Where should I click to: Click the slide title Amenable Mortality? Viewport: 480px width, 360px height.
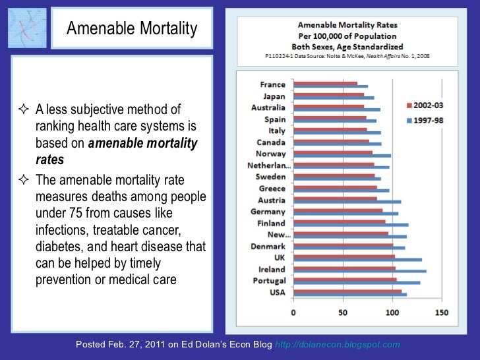pyautogui.click(x=132, y=28)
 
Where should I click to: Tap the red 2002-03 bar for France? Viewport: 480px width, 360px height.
pyautogui.click(x=325, y=83)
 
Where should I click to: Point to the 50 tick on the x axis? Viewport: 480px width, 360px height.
pyautogui.click(x=343, y=313)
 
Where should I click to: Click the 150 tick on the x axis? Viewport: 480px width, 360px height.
pyautogui.click(x=442, y=313)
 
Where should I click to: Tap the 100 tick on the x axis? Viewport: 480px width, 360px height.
pyautogui.click(x=392, y=313)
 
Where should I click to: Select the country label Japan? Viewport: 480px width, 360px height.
pyautogui.click(x=274, y=96)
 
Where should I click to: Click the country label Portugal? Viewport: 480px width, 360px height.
pyautogui.click(x=270, y=282)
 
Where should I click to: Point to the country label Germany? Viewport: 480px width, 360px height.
pyautogui.click(x=268, y=212)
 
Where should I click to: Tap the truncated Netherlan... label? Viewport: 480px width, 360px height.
pyautogui.click(x=268, y=165)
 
